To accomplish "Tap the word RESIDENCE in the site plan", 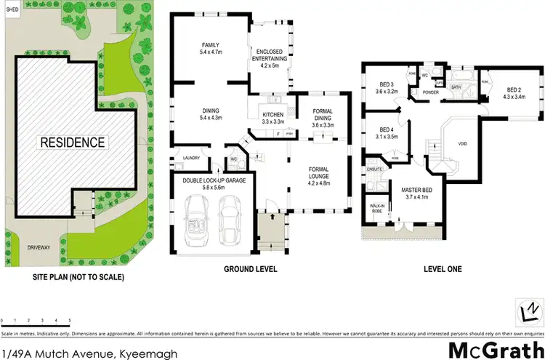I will click(x=72, y=143).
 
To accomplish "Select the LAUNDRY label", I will click(x=191, y=158).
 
